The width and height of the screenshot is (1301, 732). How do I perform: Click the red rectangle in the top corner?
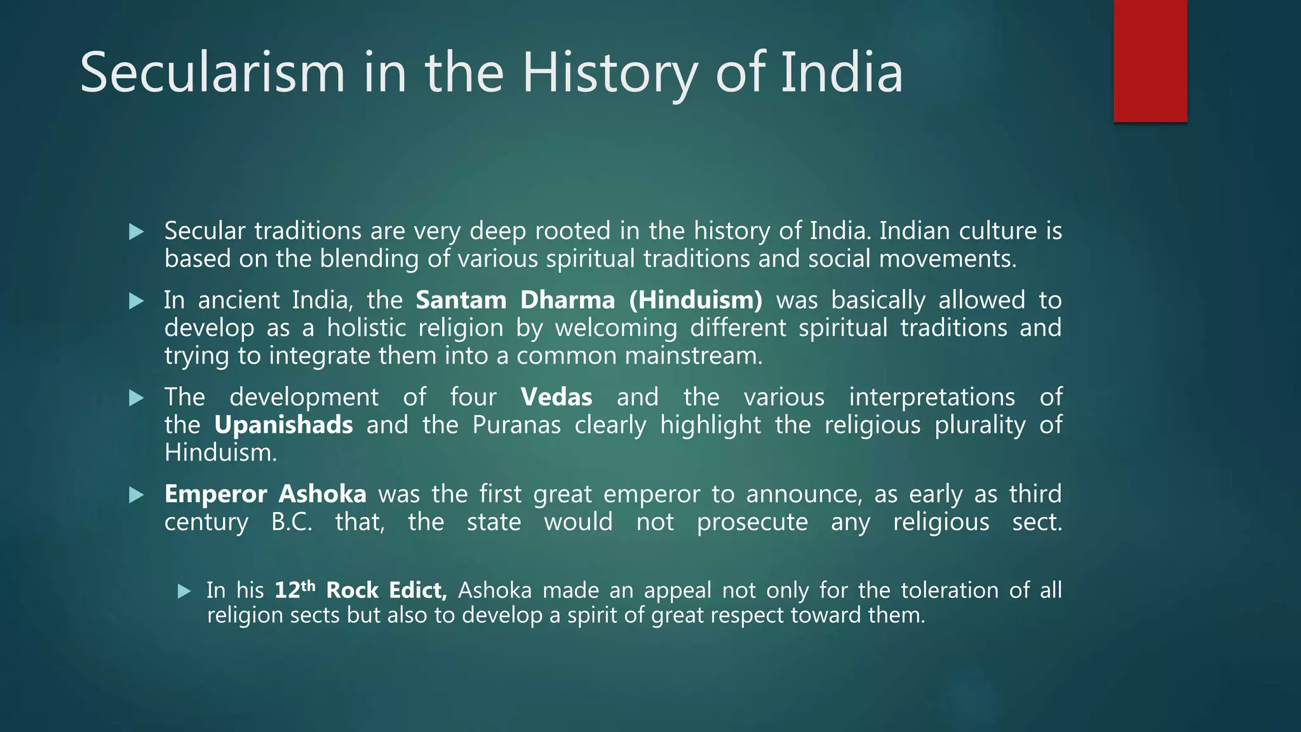[x=1150, y=61]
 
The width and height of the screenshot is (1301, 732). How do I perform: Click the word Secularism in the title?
[x=212, y=73]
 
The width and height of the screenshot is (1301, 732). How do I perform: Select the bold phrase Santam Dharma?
[x=515, y=300]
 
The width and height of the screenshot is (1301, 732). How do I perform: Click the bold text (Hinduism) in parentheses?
[x=696, y=300]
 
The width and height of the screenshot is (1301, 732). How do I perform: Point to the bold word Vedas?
[x=556, y=397]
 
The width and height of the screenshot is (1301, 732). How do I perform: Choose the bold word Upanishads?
[x=283, y=425]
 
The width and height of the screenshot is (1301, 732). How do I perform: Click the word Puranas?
[x=516, y=425]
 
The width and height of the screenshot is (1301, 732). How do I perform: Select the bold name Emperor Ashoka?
[x=265, y=494]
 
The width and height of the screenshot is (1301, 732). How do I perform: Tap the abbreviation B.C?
[x=292, y=522]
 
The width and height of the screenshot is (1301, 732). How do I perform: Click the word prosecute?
[x=752, y=522]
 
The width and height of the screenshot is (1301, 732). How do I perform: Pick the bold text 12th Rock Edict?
[x=360, y=590]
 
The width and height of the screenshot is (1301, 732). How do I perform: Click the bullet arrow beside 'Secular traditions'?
[x=136, y=232]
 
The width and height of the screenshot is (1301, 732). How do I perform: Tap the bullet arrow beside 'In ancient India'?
[x=136, y=301]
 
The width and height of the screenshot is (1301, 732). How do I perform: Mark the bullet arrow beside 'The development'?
[x=136, y=398]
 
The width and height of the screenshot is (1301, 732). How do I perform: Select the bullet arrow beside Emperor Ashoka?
[x=136, y=495]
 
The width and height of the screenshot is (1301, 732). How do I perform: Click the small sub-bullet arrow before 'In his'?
[x=184, y=592]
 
